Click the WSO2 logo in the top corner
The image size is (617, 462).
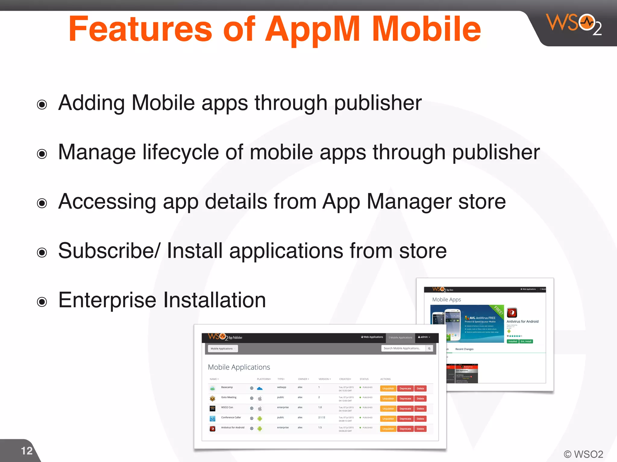tap(573, 24)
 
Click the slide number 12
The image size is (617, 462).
tap(27, 451)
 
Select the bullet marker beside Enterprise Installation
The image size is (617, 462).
tap(42, 302)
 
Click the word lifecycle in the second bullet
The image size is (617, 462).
tap(180, 152)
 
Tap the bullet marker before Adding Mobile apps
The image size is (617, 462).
tap(42, 105)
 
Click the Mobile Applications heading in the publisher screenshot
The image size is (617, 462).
tap(239, 367)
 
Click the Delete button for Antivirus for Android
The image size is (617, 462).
tap(420, 429)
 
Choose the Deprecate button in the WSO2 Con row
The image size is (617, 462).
tap(405, 409)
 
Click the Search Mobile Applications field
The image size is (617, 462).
tap(403, 348)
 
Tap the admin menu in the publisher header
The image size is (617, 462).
tap(424, 337)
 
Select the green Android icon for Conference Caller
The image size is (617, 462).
tap(260, 419)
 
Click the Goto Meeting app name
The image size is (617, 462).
tap(229, 397)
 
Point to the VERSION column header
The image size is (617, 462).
tap(324, 379)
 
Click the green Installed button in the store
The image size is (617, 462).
tap(512, 341)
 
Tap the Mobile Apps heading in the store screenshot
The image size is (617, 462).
tap(446, 300)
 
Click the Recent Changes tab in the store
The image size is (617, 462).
tap(464, 349)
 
